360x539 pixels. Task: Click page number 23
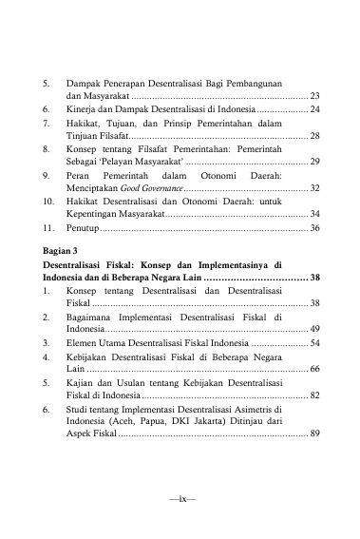click(x=314, y=97)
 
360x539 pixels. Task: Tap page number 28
click(x=314, y=137)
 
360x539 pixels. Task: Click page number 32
click(x=314, y=189)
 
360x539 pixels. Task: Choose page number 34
click(x=314, y=216)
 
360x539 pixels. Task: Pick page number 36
click(x=314, y=229)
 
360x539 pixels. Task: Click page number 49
click(x=314, y=327)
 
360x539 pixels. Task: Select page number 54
click(x=314, y=340)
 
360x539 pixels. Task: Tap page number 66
click(x=314, y=367)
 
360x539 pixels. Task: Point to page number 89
click(x=314, y=433)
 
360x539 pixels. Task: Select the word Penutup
click(x=83, y=229)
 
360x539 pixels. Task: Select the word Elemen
click(x=84, y=340)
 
